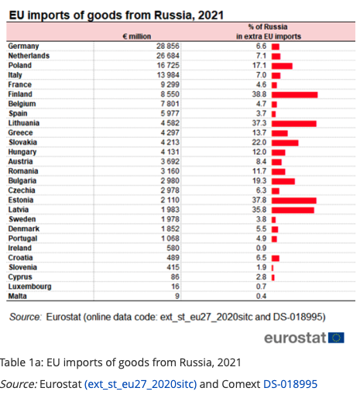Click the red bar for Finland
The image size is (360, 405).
coord(294,94)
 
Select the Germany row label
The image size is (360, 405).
coord(23,46)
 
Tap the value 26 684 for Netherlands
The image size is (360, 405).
coord(167,56)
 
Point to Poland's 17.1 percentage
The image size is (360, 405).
coord(259,65)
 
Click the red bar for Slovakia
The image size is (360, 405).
coord(285,142)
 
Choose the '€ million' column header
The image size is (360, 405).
coord(137,36)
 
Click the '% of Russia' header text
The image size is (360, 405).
coord(268,27)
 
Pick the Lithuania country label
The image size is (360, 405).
coord(24,123)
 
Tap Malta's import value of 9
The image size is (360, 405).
coord(177,296)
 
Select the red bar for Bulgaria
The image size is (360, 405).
coord(283,181)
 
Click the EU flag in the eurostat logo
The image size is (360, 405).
coord(336,338)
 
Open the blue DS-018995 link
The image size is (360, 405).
coord(290,384)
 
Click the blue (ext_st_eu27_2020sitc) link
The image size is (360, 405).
coord(140,384)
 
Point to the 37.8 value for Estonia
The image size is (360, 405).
coord(259,200)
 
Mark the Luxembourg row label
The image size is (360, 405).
coord(29,287)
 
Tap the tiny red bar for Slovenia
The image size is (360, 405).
coord(273,268)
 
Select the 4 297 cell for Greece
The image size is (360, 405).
coord(170,132)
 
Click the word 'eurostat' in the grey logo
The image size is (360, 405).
coord(295,338)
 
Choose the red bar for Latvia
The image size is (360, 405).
coord(293,211)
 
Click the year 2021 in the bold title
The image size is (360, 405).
coord(211,15)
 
